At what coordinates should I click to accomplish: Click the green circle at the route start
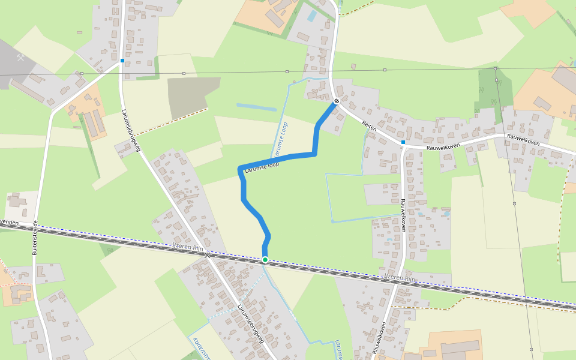(265, 260)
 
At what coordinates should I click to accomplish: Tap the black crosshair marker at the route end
(337, 101)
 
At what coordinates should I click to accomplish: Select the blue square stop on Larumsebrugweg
(122, 61)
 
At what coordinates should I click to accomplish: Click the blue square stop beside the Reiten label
(403, 142)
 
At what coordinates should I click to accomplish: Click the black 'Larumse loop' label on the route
(262, 169)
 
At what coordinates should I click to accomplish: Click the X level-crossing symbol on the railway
(208, 255)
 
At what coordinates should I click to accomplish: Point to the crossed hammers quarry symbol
(21, 58)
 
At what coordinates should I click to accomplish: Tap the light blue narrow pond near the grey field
(256, 107)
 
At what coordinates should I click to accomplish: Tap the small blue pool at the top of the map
(311, 16)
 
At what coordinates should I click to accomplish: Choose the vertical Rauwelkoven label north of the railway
(403, 215)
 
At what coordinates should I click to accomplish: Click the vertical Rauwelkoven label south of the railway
(379, 338)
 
